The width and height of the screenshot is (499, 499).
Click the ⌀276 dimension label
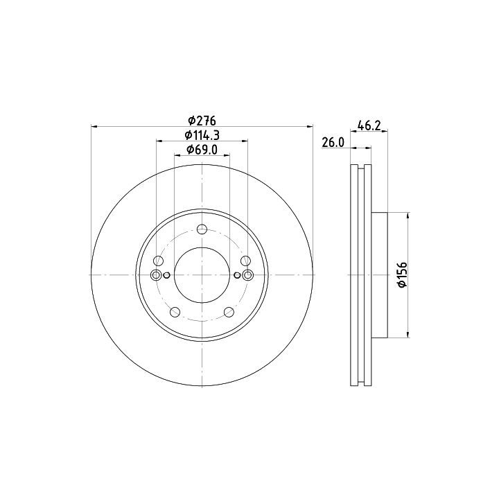(x=202, y=121)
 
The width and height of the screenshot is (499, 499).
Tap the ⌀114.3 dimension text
(x=202, y=135)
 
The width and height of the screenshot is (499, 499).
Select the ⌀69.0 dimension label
(x=202, y=150)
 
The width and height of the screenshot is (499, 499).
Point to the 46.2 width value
(x=369, y=125)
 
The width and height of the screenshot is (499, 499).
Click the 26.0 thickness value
(x=333, y=143)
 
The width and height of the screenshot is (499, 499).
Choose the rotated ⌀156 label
(x=403, y=274)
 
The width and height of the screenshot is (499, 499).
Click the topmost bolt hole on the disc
(x=202, y=229)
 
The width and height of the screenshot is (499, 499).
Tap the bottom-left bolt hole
(x=175, y=312)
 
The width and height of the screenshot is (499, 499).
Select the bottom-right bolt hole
(x=229, y=312)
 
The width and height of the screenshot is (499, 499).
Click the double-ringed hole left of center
(x=156, y=275)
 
